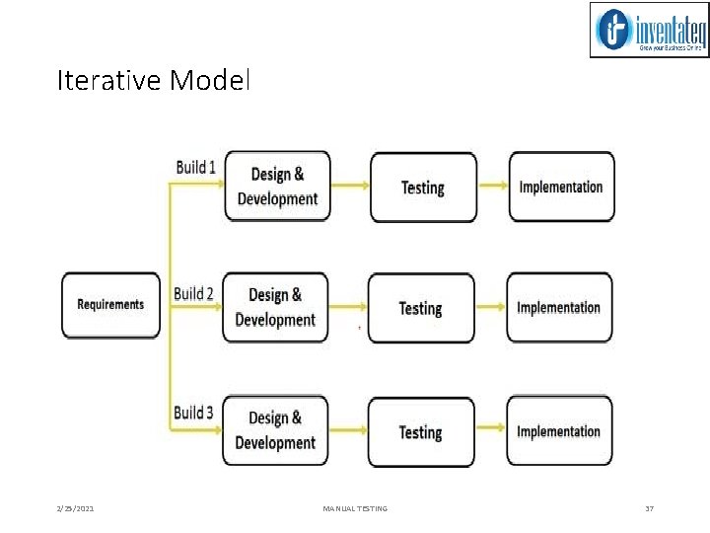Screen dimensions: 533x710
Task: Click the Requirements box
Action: tap(110, 305)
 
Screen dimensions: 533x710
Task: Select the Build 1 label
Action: tap(196, 167)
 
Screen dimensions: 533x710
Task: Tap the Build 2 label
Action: tap(193, 293)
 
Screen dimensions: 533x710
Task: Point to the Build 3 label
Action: tap(194, 413)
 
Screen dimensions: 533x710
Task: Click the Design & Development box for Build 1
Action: tap(277, 187)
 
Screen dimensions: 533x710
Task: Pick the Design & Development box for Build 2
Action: tap(275, 307)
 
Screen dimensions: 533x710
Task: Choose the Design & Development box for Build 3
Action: tap(275, 430)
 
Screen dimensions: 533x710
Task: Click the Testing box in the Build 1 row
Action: tap(423, 187)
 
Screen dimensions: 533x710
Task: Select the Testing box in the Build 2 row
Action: tap(421, 308)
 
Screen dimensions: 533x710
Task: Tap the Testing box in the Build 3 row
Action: tap(421, 431)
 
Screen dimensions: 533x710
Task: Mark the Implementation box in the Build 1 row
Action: tap(561, 187)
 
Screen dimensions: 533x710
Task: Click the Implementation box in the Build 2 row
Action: tap(559, 307)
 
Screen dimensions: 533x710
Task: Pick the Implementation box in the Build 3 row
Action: tap(559, 431)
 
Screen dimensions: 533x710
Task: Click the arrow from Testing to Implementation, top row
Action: tap(492, 187)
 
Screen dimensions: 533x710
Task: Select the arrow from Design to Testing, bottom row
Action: tap(348, 431)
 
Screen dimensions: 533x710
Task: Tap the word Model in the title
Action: tap(210, 80)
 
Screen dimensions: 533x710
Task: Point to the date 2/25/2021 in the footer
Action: tap(75, 508)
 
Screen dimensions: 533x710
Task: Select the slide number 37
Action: tap(649, 508)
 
